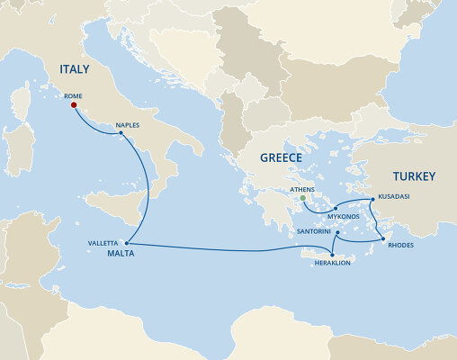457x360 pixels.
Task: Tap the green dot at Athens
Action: pos(303,199)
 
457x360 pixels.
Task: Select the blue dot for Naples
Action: pos(121,134)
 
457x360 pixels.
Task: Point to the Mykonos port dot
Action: pos(335,208)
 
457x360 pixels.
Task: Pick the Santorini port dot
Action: pos(336,233)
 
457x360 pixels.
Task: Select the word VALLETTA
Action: pos(102,243)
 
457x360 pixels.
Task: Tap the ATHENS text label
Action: pos(304,190)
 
